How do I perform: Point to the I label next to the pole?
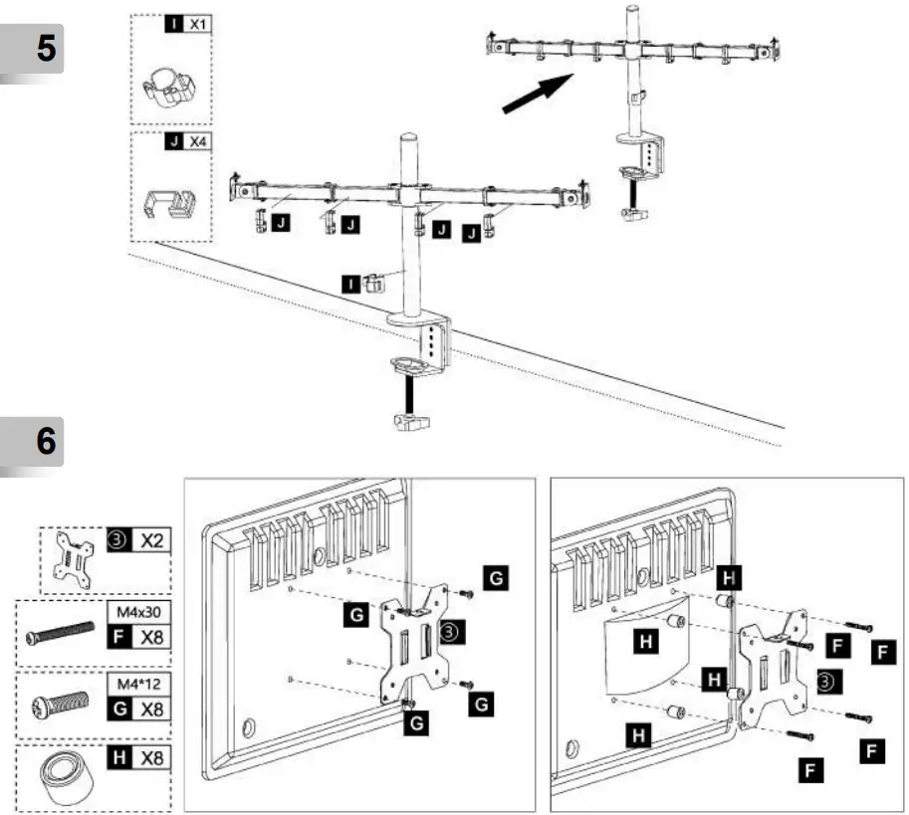point(349,284)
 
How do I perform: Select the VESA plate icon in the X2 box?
point(74,560)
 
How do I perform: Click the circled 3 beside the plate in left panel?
point(450,631)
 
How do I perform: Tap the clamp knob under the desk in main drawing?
point(408,423)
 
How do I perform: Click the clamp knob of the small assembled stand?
point(629,213)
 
